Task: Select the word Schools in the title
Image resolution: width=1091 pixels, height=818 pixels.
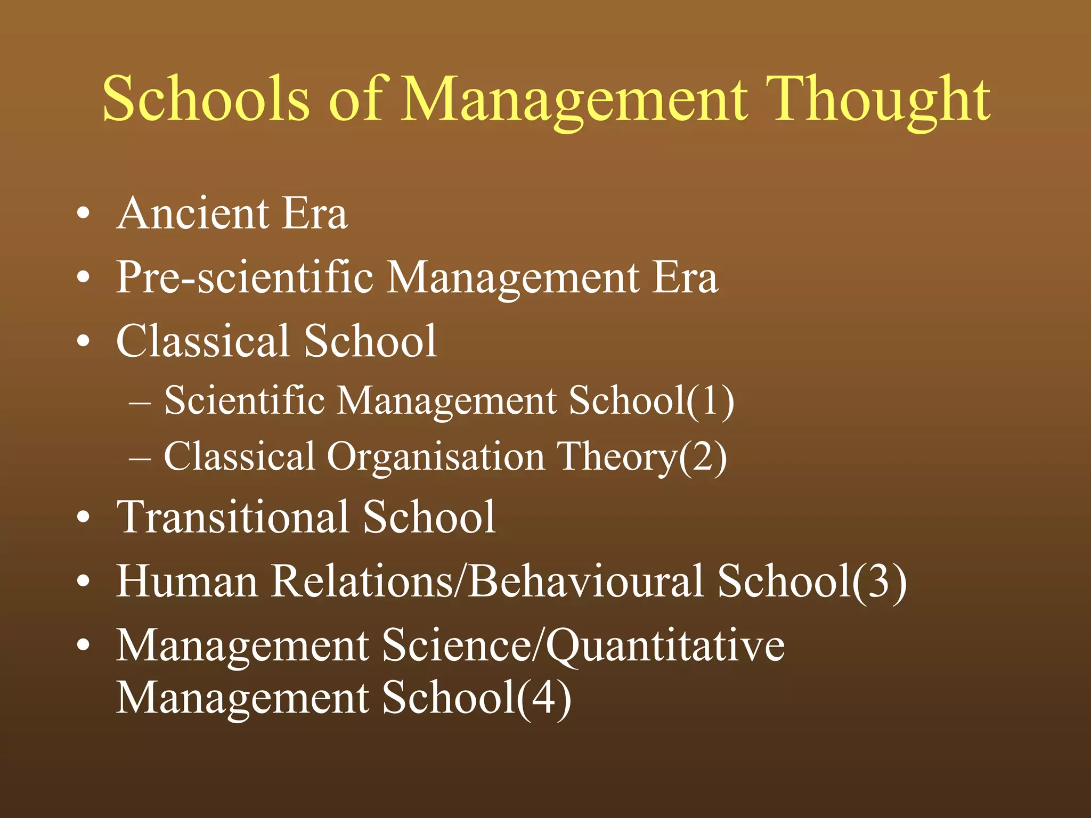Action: tap(206, 99)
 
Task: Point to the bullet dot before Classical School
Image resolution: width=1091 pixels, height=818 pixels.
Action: tap(83, 341)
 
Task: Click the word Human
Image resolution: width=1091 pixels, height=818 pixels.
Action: tap(187, 581)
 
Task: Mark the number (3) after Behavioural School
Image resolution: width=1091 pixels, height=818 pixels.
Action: tap(880, 581)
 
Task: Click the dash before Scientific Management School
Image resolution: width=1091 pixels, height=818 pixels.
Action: tap(140, 403)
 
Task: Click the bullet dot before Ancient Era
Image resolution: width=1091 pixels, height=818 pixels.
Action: tap(83, 214)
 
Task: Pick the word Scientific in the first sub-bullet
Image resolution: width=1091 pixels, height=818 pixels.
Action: tap(245, 400)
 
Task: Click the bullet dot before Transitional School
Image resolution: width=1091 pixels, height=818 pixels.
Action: tap(83, 517)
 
